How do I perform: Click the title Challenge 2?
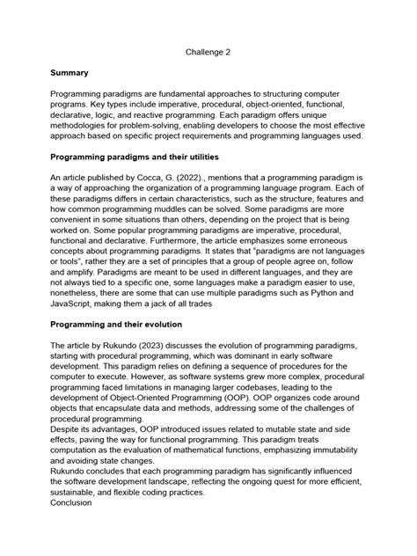pos(208,52)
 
